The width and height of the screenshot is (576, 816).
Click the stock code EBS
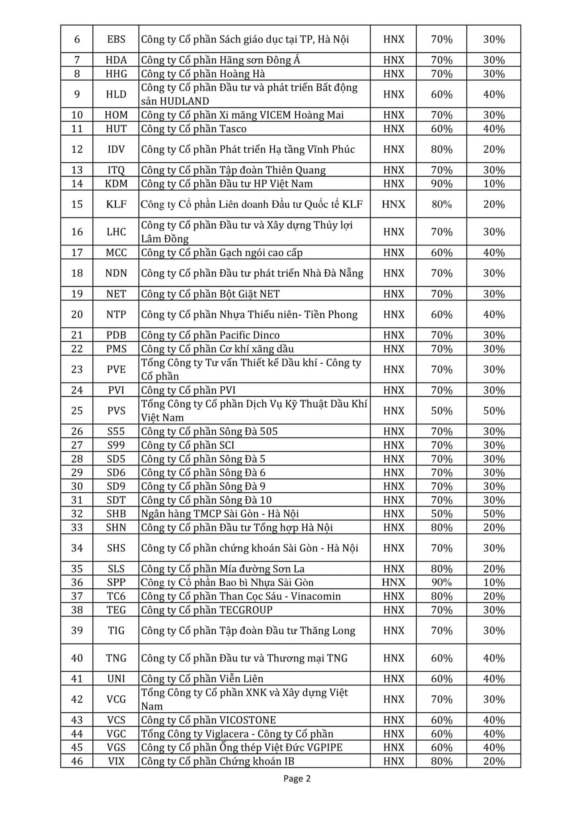click(x=116, y=39)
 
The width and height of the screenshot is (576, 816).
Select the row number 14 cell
click(x=77, y=184)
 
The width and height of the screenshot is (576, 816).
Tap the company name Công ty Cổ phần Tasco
click(x=194, y=129)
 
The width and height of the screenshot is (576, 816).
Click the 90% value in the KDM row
click(x=441, y=184)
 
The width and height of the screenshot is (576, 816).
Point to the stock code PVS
click(x=116, y=411)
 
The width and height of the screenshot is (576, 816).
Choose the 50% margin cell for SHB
click(x=441, y=514)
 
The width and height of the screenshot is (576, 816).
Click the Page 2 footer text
click(x=297, y=778)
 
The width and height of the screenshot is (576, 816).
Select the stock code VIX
click(x=116, y=761)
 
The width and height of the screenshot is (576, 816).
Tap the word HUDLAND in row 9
click(x=184, y=101)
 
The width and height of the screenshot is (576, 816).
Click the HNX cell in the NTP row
click(x=394, y=315)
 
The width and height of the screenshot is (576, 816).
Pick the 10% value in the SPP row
click(x=494, y=583)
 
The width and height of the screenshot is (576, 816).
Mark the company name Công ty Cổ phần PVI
click(x=188, y=390)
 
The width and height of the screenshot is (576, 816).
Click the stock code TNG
click(x=116, y=658)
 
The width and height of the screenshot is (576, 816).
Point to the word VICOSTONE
click(x=248, y=720)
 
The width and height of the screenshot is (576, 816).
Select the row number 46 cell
click(x=77, y=761)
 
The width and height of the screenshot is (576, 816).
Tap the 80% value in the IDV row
click(x=441, y=149)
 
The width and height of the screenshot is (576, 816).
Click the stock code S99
click(x=116, y=445)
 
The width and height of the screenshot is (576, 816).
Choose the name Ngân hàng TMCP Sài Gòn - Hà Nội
click(x=220, y=514)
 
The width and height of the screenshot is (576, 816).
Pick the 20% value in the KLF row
click(x=494, y=204)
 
